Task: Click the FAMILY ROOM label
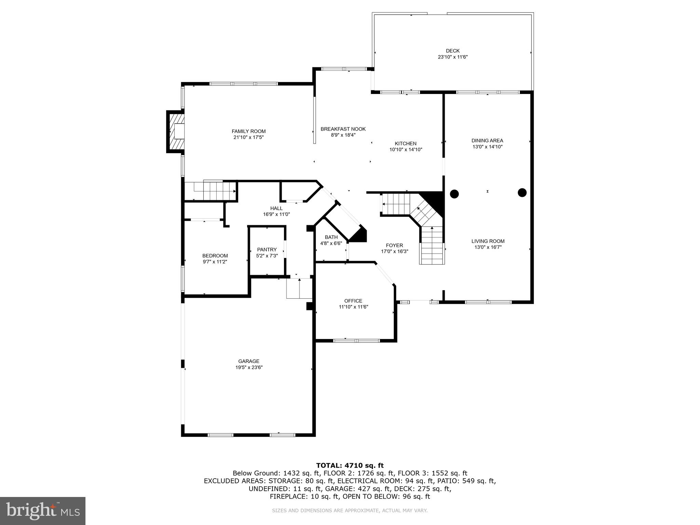click(248, 131)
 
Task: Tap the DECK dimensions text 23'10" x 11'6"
click(453, 57)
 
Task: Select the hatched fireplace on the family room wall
click(176, 132)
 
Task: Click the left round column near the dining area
click(454, 194)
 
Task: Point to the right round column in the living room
click(522, 193)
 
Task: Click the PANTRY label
click(267, 250)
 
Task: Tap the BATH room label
click(331, 237)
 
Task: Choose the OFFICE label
click(353, 301)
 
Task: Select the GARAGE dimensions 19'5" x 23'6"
click(249, 367)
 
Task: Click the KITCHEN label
click(406, 144)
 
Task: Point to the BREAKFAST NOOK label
click(343, 129)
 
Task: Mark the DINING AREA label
click(487, 140)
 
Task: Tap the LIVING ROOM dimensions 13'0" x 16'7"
click(487, 247)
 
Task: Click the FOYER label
click(394, 245)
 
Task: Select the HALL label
click(276, 208)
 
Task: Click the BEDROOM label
click(215, 256)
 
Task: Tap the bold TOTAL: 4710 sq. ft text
click(350, 465)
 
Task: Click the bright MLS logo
click(43, 511)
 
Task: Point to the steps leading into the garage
click(299, 288)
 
